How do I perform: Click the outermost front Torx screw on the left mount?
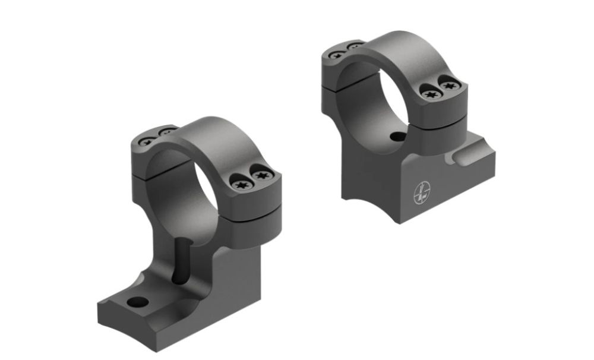coord(261,175)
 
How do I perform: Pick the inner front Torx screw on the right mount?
coord(429,93)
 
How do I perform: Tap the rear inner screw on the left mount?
coord(165,132)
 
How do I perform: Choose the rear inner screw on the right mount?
coord(353,46)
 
